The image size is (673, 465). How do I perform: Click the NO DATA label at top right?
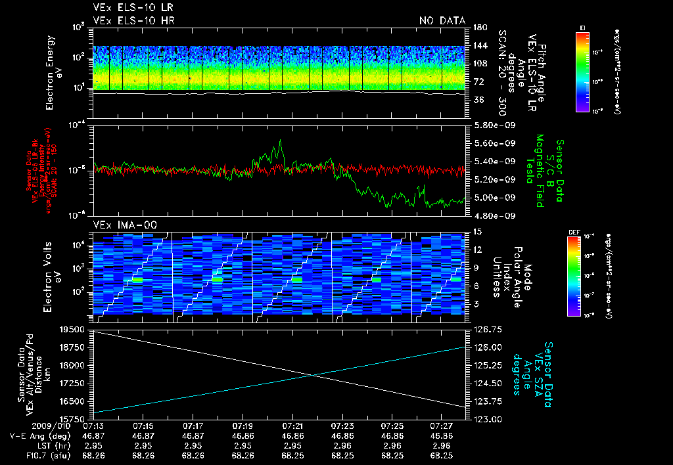tap(442, 20)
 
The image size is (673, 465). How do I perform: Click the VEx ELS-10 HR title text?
tap(133, 20)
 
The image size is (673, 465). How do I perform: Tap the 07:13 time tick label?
tap(93, 426)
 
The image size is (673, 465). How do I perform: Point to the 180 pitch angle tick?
tap(478, 28)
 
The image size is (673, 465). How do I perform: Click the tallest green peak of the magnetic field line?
tap(281, 140)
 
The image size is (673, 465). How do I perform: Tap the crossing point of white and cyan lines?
tap(314, 375)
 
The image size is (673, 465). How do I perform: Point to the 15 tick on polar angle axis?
tap(478, 231)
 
